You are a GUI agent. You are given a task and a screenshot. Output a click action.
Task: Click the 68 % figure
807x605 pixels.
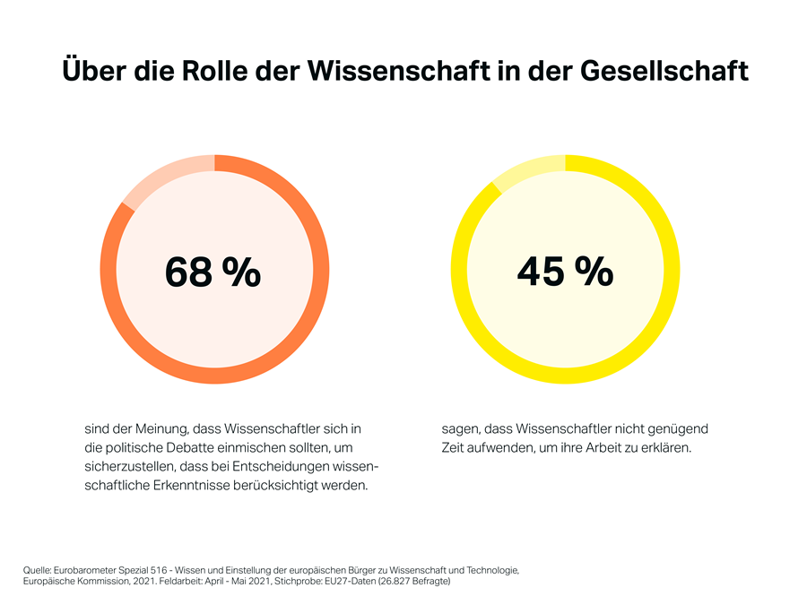tap(213, 271)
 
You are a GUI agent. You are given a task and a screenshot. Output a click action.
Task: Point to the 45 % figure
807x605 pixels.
tap(565, 271)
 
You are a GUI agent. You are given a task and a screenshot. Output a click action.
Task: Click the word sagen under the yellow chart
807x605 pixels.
tap(459, 429)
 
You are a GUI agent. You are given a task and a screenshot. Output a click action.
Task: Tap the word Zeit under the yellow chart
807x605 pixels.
tap(454, 448)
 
